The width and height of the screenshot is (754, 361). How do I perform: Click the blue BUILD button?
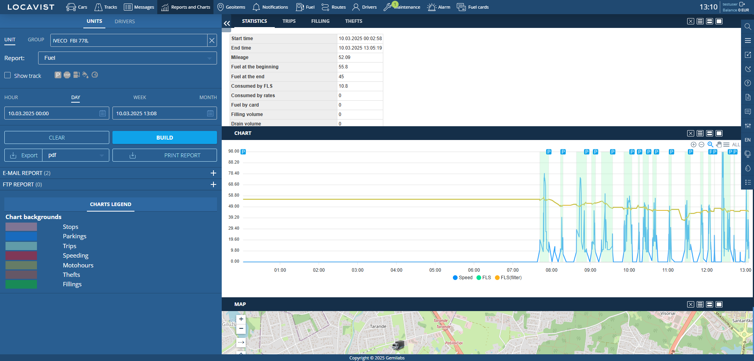pyautogui.click(x=164, y=138)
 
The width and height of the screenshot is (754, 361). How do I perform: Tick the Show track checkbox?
pyautogui.click(x=7, y=75)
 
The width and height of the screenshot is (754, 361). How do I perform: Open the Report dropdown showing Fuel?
pyautogui.click(x=127, y=58)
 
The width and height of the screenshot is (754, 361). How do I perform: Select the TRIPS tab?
pyautogui.click(x=289, y=21)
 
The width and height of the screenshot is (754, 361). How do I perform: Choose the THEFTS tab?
pyautogui.click(x=353, y=21)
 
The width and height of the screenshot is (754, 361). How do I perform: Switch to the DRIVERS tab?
pyautogui.click(x=125, y=22)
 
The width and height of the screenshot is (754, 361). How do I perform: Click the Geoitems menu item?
pyautogui.click(x=231, y=7)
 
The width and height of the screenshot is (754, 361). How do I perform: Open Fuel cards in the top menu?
pyautogui.click(x=473, y=7)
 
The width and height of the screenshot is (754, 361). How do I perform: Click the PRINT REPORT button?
pyautogui.click(x=164, y=155)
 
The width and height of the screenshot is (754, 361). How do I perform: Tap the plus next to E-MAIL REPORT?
pyautogui.click(x=213, y=173)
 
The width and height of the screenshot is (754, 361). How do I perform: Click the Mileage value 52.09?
pyautogui.click(x=344, y=57)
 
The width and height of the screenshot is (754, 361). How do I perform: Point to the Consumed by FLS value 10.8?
pyautogui.click(x=343, y=86)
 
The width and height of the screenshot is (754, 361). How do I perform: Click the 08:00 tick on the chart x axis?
pyautogui.click(x=551, y=270)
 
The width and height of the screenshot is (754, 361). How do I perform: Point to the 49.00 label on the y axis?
pyautogui.click(x=234, y=206)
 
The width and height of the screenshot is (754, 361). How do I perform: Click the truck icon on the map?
pyautogui.click(x=398, y=345)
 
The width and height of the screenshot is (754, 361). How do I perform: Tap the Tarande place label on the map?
pyautogui.click(x=378, y=326)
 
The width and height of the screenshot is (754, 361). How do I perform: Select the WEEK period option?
pyautogui.click(x=140, y=98)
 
